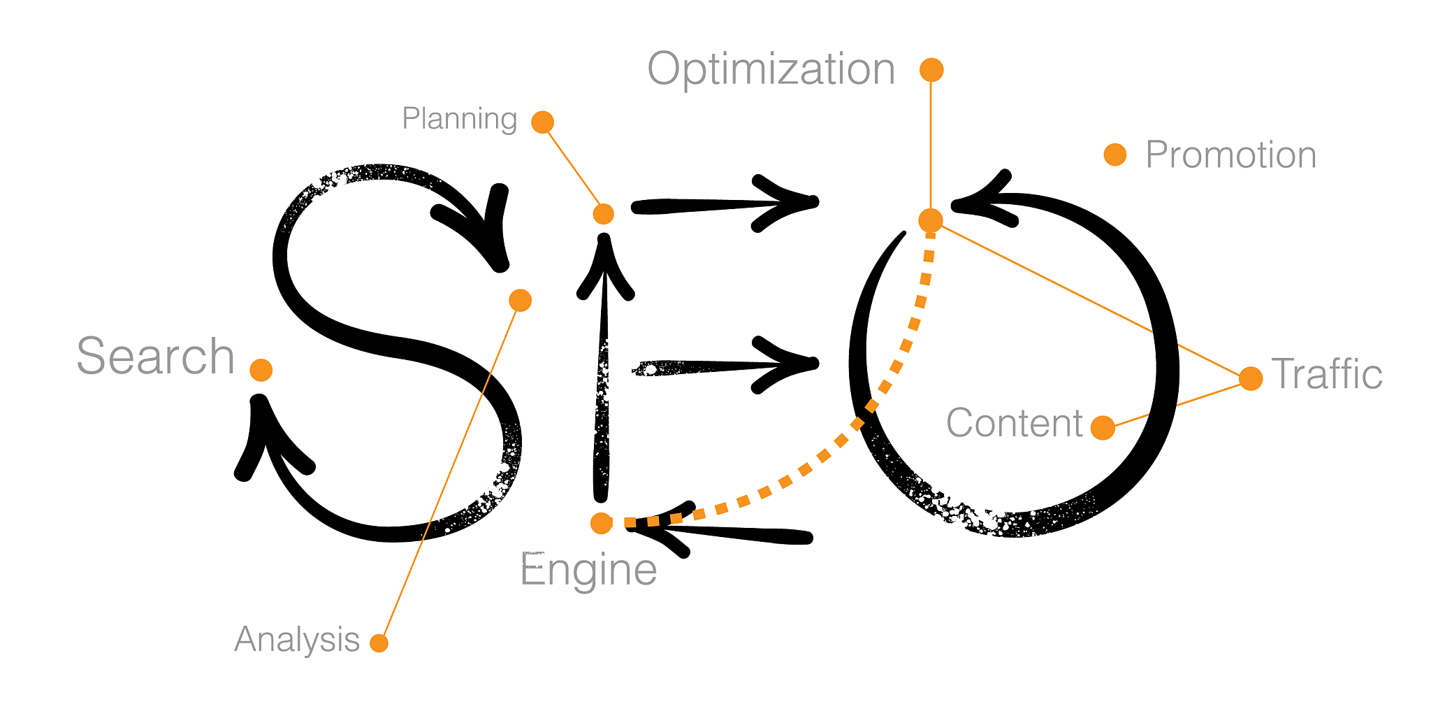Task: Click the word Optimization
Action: click(771, 70)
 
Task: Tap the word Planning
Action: click(459, 119)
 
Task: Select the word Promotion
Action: click(1230, 155)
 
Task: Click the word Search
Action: click(155, 357)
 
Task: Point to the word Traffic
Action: click(1326, 374)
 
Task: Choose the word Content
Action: click(1014, 423)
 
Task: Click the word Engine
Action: click(588, 570)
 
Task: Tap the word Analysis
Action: click(297, 639)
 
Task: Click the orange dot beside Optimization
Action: click(931, 70)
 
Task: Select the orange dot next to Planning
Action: click(543, 122)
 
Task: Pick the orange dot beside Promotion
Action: click(1115, 155)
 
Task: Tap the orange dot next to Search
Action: click(261, 370)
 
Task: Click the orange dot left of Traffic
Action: click(1251, 378)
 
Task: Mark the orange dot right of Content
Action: click(1103, 427)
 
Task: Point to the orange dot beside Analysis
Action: click(379, 643)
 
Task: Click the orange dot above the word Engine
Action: click(602, 522)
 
